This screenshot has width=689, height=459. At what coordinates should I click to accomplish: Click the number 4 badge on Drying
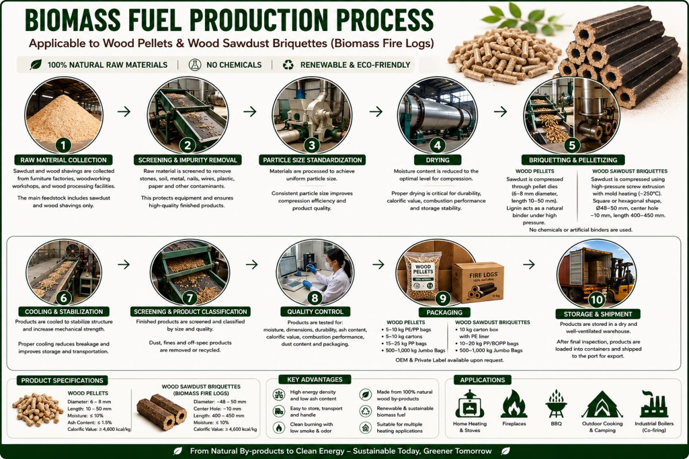click(x=437, y=145)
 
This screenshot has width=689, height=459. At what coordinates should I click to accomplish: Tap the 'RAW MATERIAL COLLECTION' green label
click(x=63, y=160)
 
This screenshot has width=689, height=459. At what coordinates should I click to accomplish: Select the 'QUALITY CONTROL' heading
click(x=315, y=312)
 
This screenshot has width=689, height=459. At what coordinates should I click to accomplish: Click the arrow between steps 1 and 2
click(x=124, y=111)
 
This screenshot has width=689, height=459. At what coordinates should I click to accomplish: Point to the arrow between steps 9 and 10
click(x=529, y=264)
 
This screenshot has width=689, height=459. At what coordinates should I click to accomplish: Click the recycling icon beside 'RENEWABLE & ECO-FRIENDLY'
click(x=288, y=65)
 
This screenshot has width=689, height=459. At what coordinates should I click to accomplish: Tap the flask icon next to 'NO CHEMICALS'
click(x=195, y=65)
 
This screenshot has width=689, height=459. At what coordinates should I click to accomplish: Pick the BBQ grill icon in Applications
click(x=556, y=403)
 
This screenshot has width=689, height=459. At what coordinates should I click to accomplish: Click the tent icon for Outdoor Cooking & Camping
click(x=602, y=404)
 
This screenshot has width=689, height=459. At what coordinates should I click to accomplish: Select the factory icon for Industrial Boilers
click(x=653, y=404)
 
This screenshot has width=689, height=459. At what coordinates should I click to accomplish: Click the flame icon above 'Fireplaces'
click(x=514, y=404)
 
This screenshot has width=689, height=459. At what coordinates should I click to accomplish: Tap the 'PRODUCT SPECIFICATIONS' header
click(x=62, y=380)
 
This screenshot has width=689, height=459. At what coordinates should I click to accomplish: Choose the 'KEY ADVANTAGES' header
click(x=315, y=379)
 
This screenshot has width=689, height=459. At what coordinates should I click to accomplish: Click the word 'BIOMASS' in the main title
click(x=72, y=20)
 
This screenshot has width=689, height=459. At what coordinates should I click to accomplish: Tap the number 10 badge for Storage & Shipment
click(x=597, y=299)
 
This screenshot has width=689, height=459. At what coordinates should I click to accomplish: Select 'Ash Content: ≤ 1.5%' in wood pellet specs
click(x=90, y=422)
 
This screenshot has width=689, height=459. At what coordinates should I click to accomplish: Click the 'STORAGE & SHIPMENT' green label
click(x=598, y=314)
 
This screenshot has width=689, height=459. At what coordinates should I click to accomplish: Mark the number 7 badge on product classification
click(x=189, y=298)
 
